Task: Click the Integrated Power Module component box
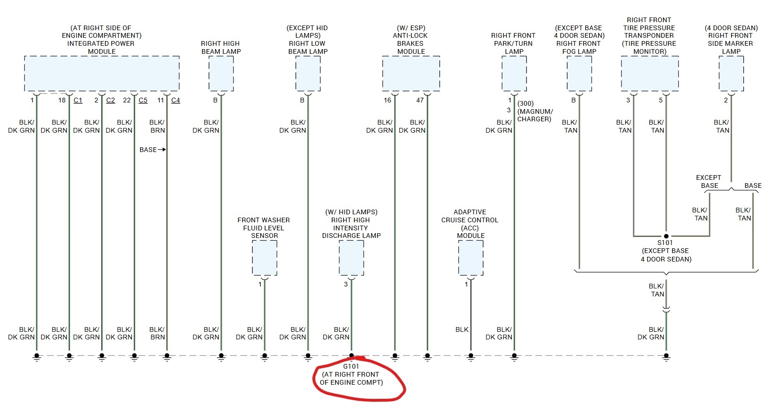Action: [x=102, y=73]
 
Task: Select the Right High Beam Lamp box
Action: [x=221, y=73]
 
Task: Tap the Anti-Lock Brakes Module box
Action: [x=411, y=73]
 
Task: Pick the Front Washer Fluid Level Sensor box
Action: [x=264, y=258]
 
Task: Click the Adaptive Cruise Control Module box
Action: [x=471, y=258]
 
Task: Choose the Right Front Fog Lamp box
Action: [x=579, y=73]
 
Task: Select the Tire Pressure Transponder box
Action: [x=650, y=73]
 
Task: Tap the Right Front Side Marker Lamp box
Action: [x=731, y=73]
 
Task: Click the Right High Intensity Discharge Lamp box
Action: [x=351, y=258]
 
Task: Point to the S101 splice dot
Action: [x=666, y=236]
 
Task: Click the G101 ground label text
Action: [x=351, y=366]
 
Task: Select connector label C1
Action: [x=78, y=100]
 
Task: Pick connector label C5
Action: [x=143, y=100]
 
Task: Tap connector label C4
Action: [x=175, y=100]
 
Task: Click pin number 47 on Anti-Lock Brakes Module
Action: [x=420, y=100]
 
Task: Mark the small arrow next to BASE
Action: [x=162, y=150]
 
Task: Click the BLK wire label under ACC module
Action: [x=462, y=329]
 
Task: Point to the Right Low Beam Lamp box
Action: [x=308, y=73]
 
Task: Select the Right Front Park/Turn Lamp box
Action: [x=514, y=73]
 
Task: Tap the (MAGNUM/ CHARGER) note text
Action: [x=534, y=115]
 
